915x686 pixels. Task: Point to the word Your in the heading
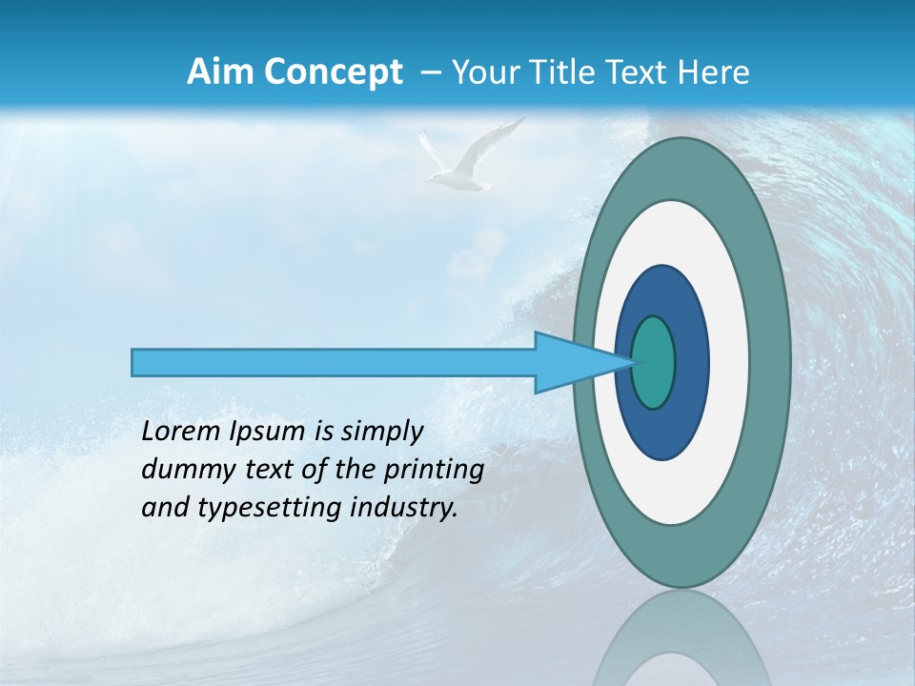[x=485, y=72]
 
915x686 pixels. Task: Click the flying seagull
[x=466, y=158]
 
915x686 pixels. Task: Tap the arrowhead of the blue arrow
[x=572, y=362]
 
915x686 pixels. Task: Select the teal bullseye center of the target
[x=654, y=362]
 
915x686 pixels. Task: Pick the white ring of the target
[x=728, y=362]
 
